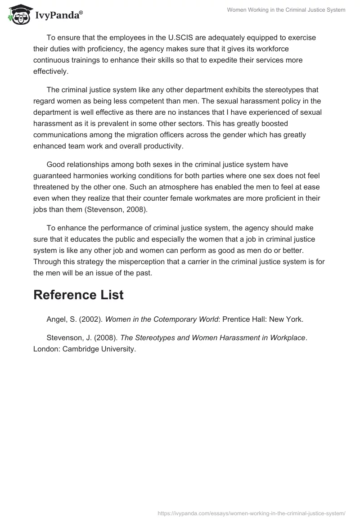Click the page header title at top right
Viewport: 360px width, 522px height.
click(x=286, y=9)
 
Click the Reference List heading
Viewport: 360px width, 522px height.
click(x=78, y=295)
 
